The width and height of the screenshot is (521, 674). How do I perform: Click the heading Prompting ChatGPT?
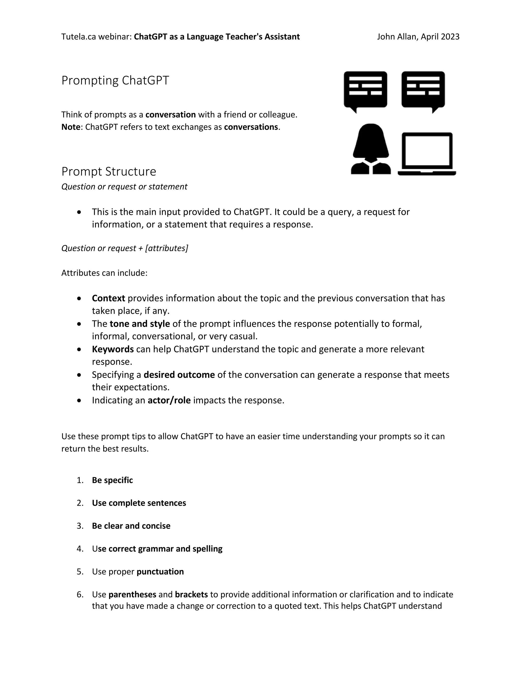(115, 81)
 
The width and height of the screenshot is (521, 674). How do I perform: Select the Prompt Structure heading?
(109, 172)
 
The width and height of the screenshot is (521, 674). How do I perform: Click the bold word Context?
(108, 298)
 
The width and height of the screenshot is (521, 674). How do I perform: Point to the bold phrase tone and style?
(140, 324)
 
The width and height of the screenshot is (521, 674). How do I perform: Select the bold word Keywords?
(113, 349)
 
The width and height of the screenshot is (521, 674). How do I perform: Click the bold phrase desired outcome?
(179, 375)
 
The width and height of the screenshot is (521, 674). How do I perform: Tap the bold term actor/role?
(169, 400)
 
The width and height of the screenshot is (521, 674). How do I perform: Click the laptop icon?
(427, 154)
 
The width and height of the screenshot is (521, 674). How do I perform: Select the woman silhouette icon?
(371, 149)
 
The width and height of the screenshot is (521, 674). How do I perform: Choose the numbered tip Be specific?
(112, 480)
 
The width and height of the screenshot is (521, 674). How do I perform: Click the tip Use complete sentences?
(139, 503)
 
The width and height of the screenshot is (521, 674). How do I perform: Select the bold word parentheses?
(132, 594)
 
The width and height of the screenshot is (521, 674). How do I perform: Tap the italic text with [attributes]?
(125, 248)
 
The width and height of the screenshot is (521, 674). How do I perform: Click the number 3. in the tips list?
(80, 526)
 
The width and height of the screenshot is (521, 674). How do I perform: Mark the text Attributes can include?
(104, 273)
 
